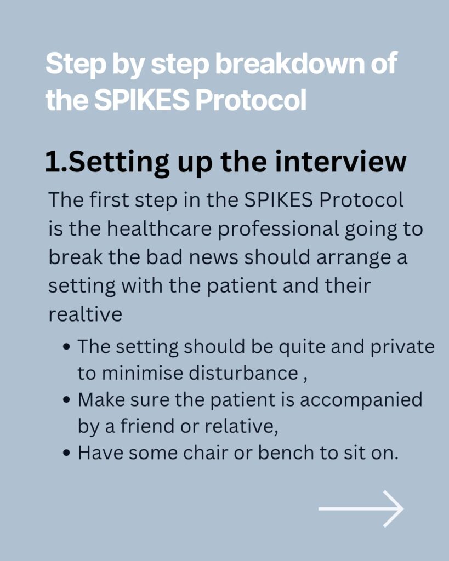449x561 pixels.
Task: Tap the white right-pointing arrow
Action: pyautogui.click(x=361, y=508)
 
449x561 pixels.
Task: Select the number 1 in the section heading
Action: pyautogui.click(x=52, y=162)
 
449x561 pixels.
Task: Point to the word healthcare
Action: pyautogui.click(x=160, y=228)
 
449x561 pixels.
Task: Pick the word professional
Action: pyautogui.click(x=278, y=230)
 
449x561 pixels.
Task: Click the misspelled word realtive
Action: pyautogui.click(x=85, y=314)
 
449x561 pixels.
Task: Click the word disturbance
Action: pyautogui.click(x=243, y=373)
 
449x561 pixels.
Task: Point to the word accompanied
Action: pyautogui.click(x=361, y=400)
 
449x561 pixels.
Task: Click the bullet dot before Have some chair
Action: pyautogui.click(x=66, y=453)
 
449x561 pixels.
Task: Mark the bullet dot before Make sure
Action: pyautogui.click(x=66, y=400)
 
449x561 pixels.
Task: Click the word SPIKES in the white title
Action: pyautogui.click(x=142, y=100)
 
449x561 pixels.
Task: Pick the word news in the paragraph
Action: pyautogui.click(x=213, y=257)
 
